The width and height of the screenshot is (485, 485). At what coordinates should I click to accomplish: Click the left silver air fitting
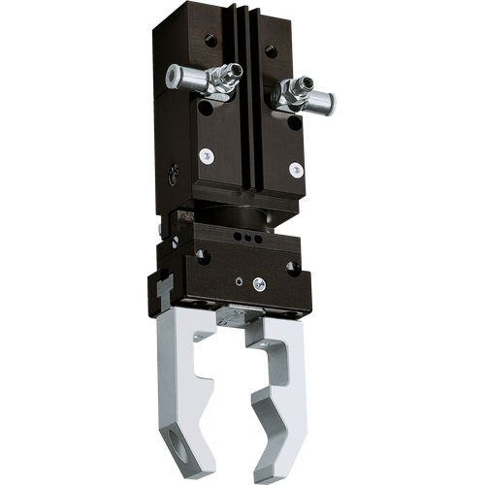199,79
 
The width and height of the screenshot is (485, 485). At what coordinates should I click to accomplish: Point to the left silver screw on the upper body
206,155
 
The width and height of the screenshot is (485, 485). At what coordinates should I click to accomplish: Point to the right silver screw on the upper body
296,169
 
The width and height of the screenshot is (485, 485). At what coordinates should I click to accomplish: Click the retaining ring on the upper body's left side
172,176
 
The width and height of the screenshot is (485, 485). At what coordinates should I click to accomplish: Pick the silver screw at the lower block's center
259,283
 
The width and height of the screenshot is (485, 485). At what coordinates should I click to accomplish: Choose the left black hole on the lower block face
202,255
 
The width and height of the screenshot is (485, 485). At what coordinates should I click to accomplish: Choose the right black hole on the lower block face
292,269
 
